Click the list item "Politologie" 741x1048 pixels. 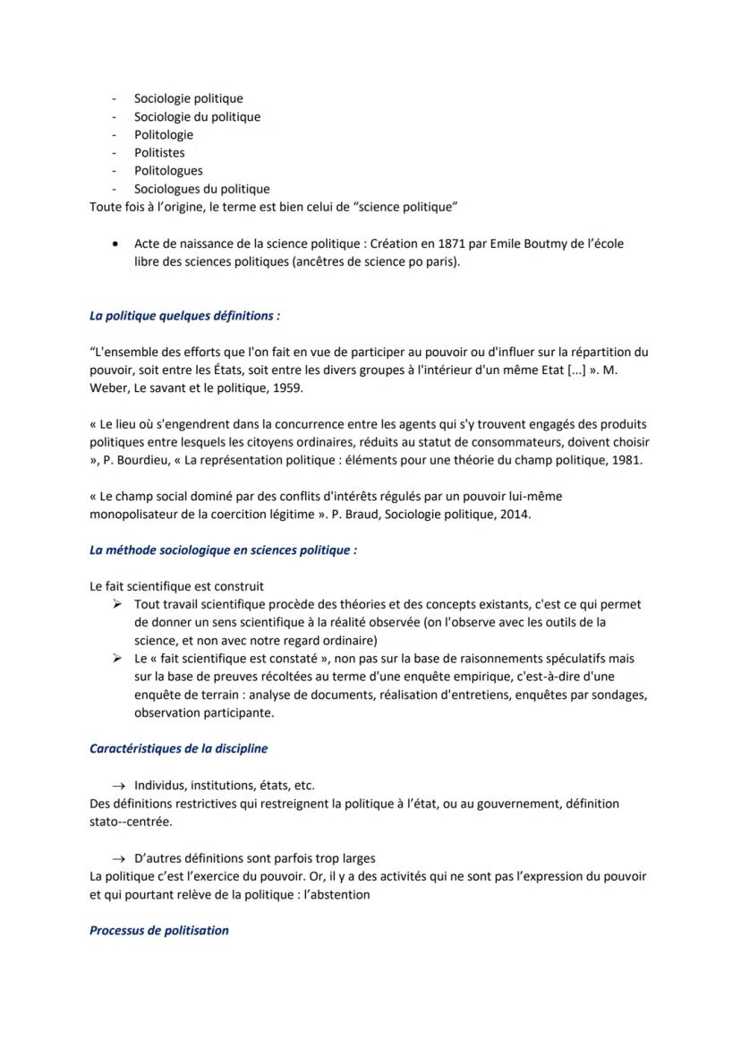coord(163,134)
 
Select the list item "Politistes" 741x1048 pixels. coord(159,152)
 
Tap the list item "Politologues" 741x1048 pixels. coord(168,170)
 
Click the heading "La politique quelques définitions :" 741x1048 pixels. coord(184,316)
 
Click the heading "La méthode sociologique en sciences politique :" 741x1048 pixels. coord(223,550)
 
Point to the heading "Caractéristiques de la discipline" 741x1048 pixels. coord(178,748)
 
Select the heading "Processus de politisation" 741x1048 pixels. coord(159,930)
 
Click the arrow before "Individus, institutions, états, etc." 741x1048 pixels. coord(116,786)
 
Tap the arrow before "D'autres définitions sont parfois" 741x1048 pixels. coord(116,858)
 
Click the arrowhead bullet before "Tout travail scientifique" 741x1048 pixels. coord(116,604)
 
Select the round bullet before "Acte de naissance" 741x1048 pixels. coord(115,243)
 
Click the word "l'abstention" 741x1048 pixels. coord(336,894)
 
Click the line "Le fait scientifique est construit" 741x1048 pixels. coord(176,586)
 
